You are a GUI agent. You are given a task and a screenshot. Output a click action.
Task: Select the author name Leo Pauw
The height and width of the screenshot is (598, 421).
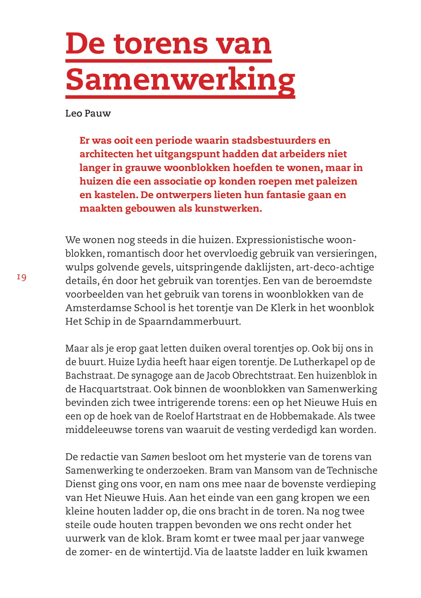(x=88, y=114)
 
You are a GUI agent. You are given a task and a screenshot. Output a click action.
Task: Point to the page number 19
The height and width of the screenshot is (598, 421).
(x=22, y=277)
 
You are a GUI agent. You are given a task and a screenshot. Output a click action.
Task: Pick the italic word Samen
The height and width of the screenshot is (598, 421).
(x=155, y=457)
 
